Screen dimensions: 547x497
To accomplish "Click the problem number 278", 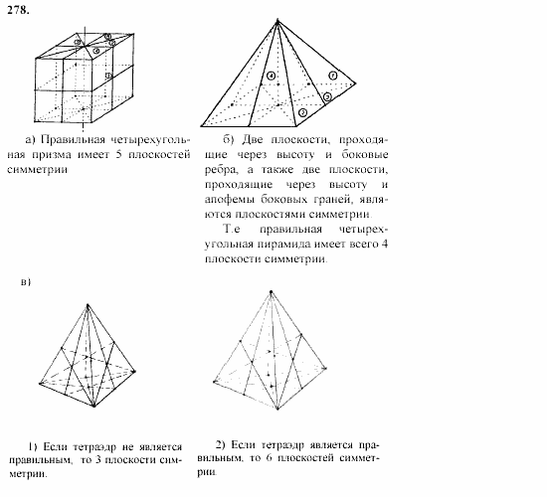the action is coord(17,11).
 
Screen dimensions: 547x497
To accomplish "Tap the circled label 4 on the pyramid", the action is coord(271,77).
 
